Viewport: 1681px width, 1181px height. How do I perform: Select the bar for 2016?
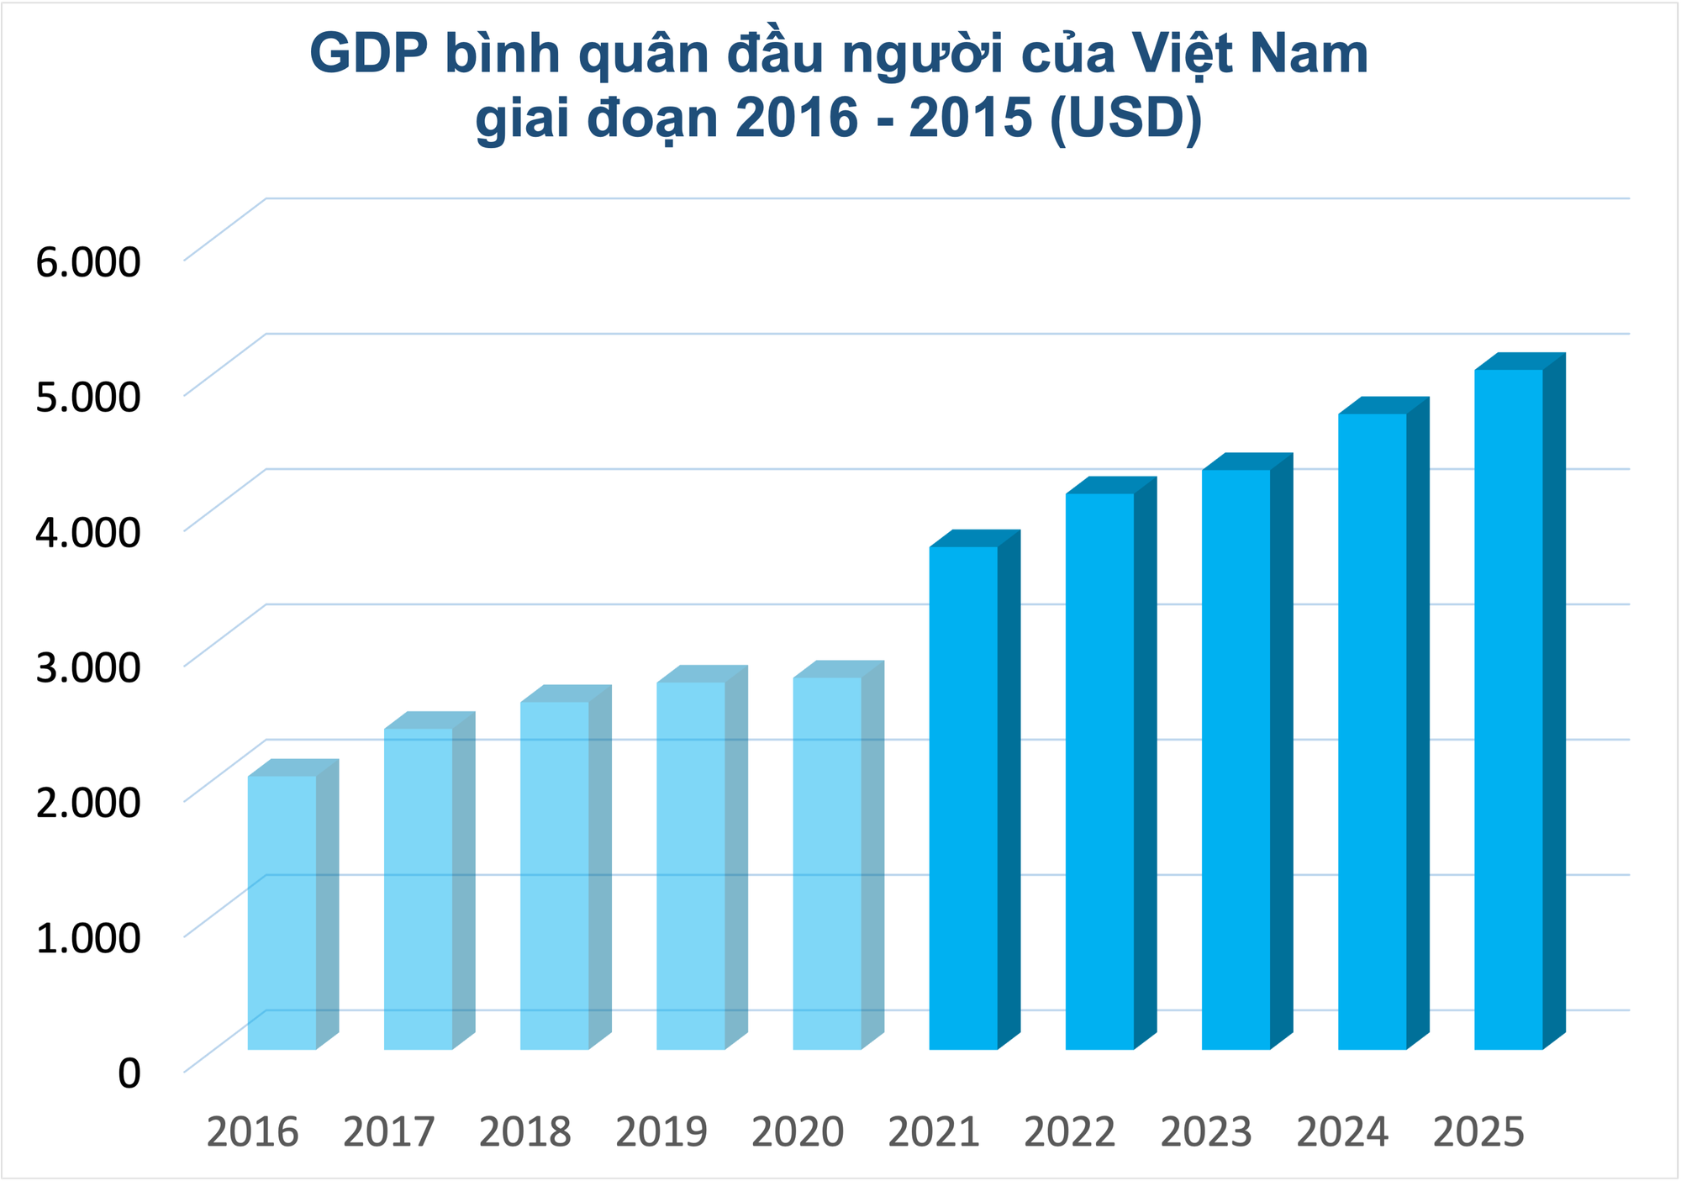click(282, 912)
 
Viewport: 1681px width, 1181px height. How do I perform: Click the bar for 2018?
click(555, 874)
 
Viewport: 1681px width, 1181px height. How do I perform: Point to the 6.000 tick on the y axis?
click(87, 262)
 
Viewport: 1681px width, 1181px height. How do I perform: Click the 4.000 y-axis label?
click(87, 532)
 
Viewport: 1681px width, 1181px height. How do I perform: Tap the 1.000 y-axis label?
click(87, 937)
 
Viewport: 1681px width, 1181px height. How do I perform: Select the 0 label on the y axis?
click(129, 1073)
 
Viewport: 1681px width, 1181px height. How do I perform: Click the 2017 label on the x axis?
click(389, 1132)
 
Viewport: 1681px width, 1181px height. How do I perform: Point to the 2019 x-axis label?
click(661, 1132)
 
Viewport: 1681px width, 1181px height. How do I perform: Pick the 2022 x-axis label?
click(1070, 1132)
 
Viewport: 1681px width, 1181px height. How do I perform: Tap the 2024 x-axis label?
click(1342, 1132)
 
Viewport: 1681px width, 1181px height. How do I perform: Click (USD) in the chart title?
click(1126, 118)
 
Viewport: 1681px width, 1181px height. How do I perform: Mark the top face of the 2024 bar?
click(1383, 405)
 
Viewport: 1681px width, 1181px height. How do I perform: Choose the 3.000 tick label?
click(87, 667)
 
